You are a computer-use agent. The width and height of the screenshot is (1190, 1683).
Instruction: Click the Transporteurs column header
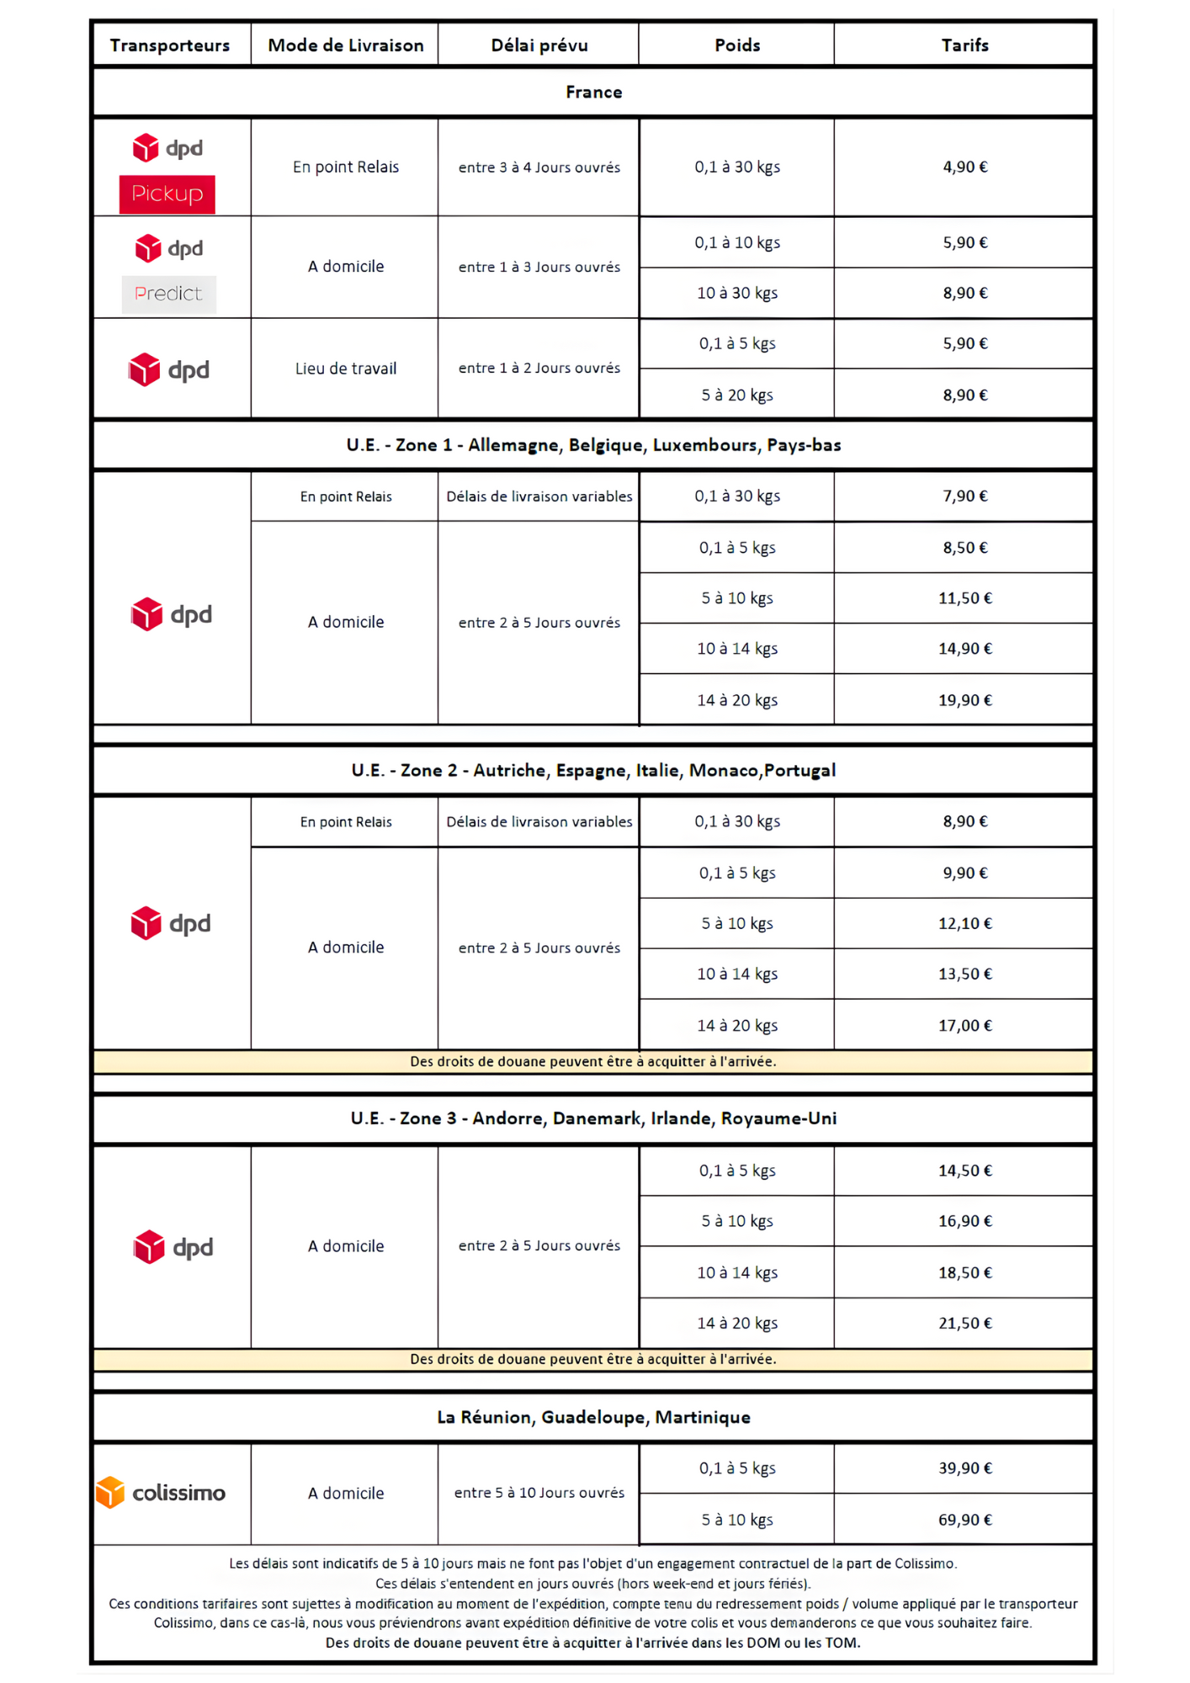pos(169,45)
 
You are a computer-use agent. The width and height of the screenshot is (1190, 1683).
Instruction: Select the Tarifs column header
pos(964,45)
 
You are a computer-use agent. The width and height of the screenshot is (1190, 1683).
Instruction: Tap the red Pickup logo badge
pos(167,194)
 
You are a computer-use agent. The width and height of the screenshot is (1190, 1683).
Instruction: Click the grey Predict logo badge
pos(168,294)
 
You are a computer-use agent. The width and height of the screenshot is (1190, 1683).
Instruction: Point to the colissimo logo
pos(162,1493)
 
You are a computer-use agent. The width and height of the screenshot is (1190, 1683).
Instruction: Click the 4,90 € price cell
pos(964,167)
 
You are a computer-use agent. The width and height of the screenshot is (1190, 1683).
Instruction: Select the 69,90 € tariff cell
pos(964,1520)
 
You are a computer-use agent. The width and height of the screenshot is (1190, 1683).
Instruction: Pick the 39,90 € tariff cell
pos(964,1468)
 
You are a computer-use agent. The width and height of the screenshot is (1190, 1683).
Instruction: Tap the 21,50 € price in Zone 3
pos(964,1323)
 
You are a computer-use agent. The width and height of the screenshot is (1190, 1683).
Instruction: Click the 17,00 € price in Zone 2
pos(964,1025)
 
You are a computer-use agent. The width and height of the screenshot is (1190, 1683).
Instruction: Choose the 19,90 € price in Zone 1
pos(964,700)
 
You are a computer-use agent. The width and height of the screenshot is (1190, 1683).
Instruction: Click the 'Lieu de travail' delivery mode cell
pos(345,369)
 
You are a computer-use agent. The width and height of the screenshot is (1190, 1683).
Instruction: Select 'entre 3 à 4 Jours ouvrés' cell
pos(539,167)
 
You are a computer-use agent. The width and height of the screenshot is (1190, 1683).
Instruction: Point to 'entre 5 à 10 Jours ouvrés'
pos(539,1493)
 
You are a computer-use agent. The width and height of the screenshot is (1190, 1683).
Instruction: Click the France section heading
pos(593,92)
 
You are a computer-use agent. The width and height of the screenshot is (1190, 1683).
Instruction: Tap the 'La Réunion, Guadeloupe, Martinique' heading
pos(593,1417)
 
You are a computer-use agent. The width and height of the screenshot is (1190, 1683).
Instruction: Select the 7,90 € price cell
pos(964,496)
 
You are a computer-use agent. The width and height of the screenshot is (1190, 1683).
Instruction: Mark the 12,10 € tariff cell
pos(964,923)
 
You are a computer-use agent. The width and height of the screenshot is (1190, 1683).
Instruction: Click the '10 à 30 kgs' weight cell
pos(736,293)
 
